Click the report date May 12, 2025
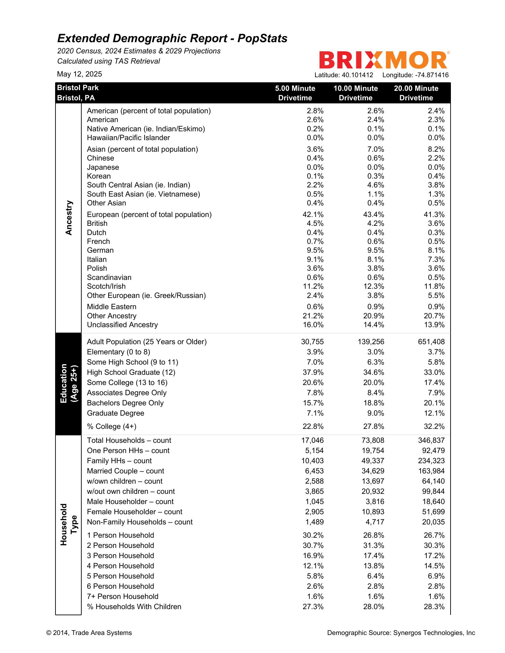pos(79,74)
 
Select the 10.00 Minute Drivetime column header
pos(356,93)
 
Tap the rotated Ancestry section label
pos(69,218)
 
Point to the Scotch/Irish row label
pos(106,286)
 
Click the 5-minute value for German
pos(315,250)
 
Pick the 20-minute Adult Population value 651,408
pos(431,342)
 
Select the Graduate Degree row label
pos(115,413)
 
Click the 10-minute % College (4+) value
pos(374,426)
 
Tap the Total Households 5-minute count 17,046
pos(312,440)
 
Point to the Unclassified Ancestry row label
pos(122,325)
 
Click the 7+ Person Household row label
pos(123,597)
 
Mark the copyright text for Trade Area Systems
pos(89,633)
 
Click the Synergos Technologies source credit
pos(401,633)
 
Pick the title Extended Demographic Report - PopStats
pos(172,38)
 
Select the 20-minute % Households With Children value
pos(434,607)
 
